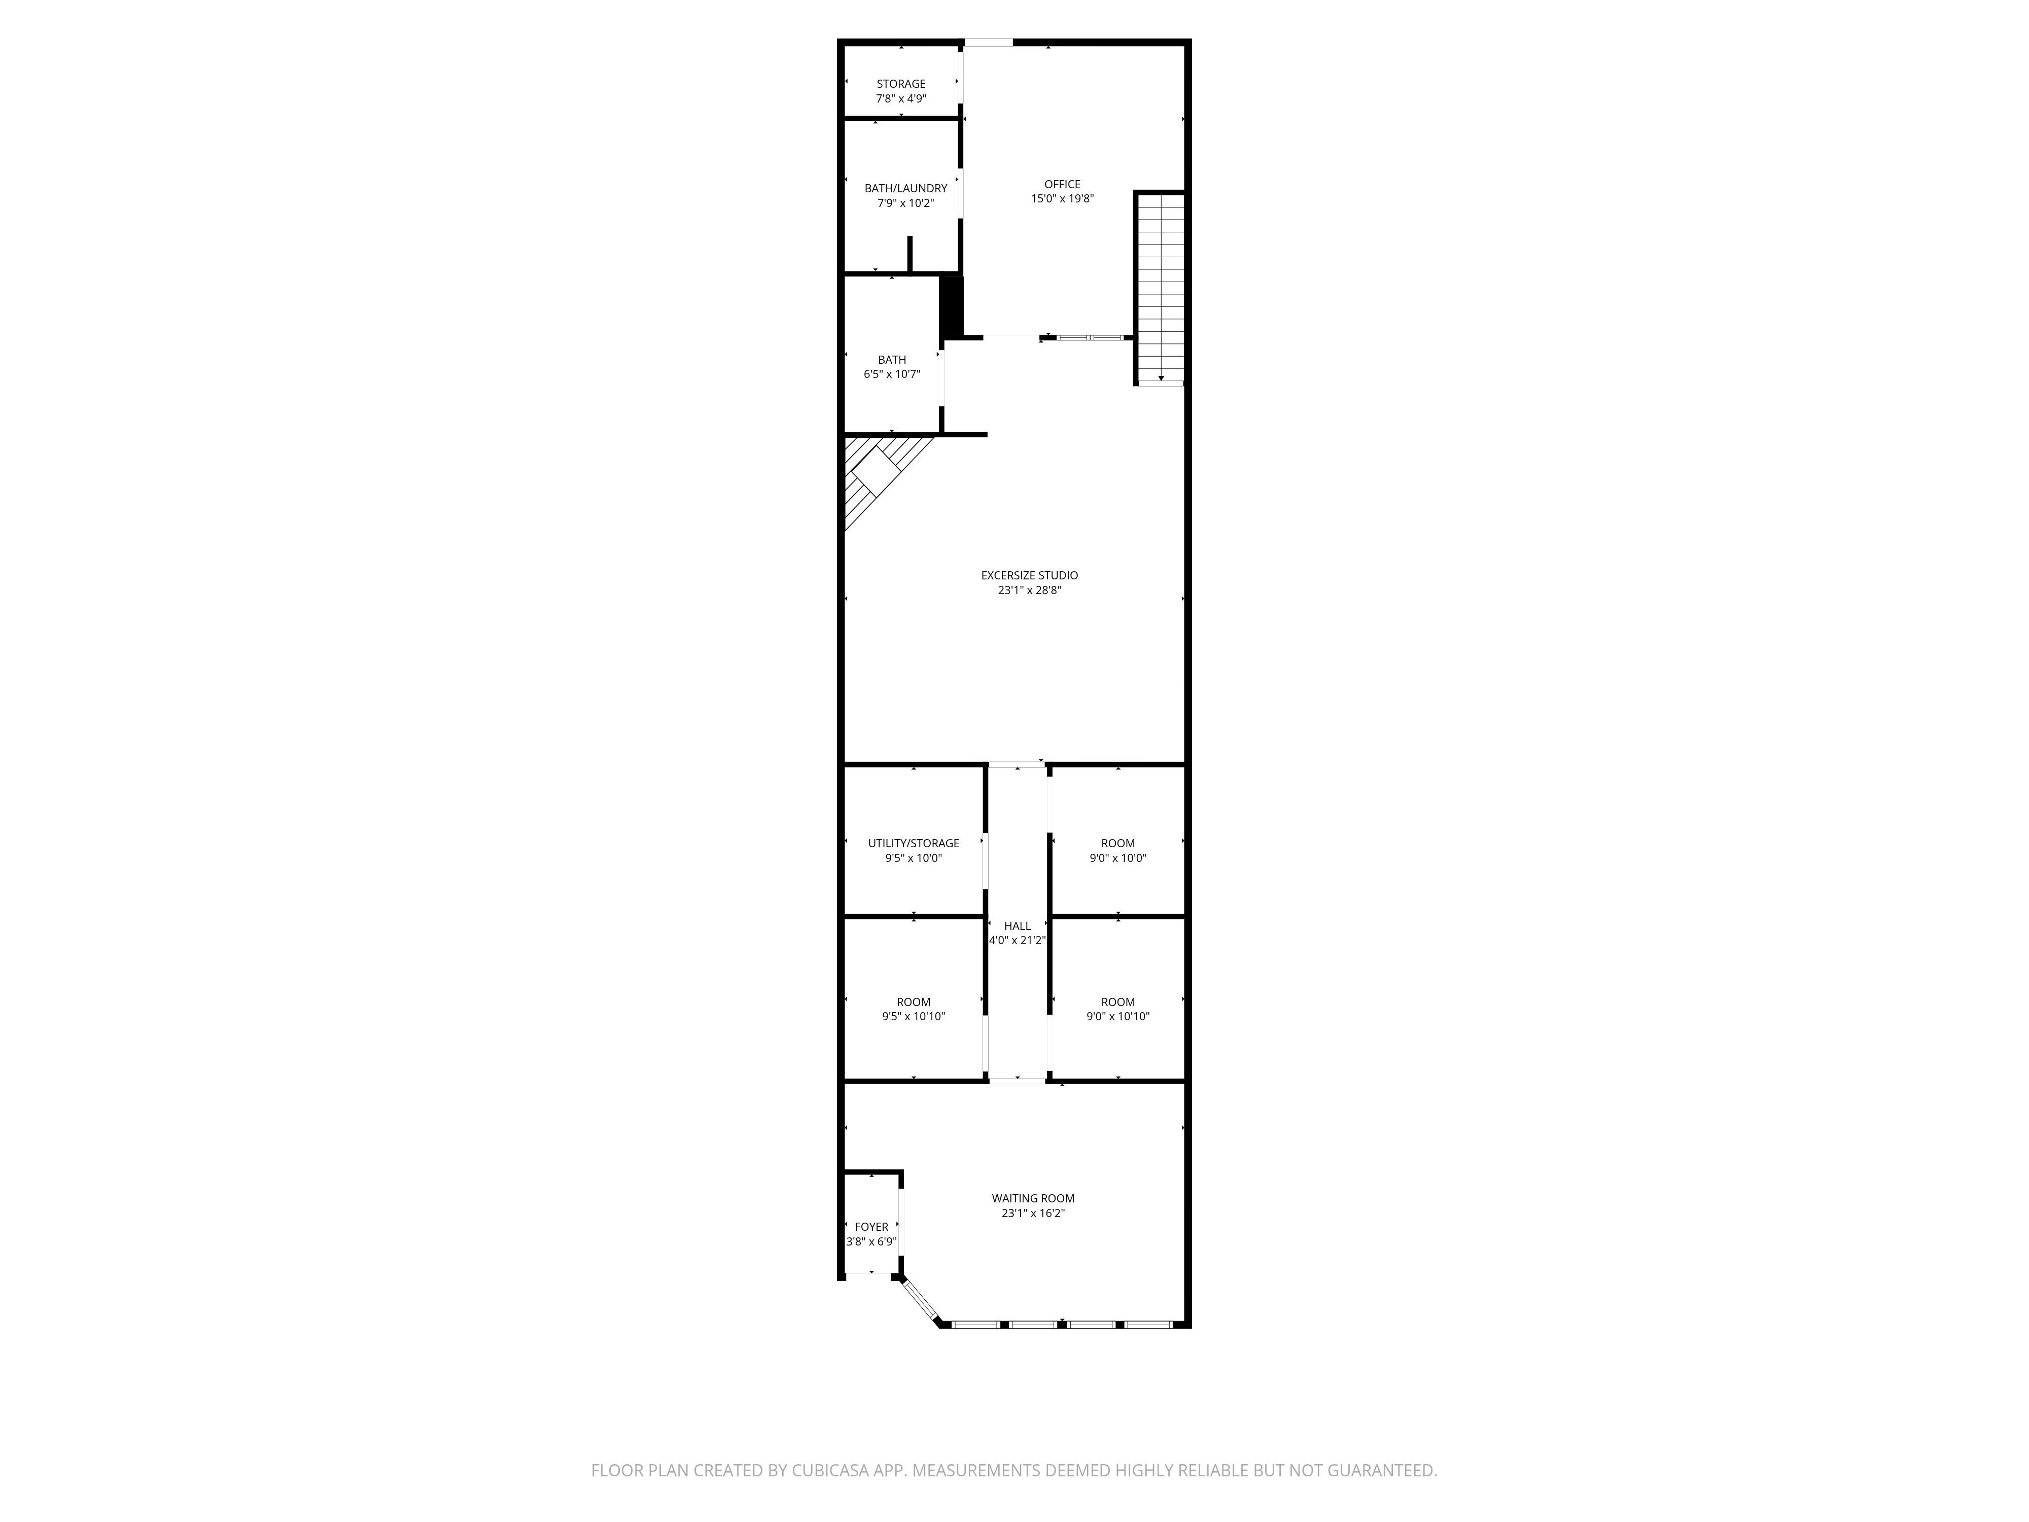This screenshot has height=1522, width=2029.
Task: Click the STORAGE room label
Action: tap(901, 84)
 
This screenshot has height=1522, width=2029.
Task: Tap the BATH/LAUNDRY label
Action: tap(905, 188)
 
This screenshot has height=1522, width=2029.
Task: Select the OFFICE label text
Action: tap(1062, 184)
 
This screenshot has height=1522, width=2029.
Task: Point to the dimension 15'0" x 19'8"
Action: tap(1062, 198)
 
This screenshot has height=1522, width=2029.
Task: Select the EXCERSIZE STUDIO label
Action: tap(1029, 575)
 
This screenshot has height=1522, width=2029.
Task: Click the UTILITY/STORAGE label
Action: tap(914, 843)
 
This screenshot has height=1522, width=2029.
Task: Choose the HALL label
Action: tap(1017, 926)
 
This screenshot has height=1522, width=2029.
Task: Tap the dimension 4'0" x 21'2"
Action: tap(1017, 941)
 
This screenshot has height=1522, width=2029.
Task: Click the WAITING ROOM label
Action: tap(1033, 1198)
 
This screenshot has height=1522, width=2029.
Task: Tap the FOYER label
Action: tap(871, 1227)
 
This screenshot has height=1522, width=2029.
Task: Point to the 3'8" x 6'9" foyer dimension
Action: tap(871, 1242)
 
